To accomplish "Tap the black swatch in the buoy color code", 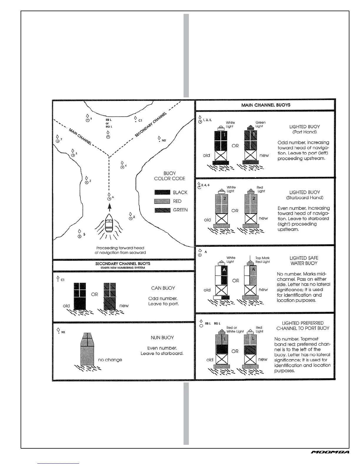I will [162, 192].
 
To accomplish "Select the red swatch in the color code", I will [162, 201].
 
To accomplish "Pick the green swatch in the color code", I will [162, 210].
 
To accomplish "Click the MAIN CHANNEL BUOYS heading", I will [266, 105].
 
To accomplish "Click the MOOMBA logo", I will [330, 460].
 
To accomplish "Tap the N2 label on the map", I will [164, 141].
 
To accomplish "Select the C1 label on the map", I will [140, 121].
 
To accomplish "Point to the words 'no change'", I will [110, 360].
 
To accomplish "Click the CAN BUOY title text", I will [163, 288].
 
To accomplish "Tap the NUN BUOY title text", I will [162, 338].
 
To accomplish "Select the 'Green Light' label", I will [260, 124].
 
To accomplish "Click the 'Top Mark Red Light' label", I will [262, 260].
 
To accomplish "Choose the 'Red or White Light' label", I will [235, 329].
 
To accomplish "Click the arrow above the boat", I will [110, 207].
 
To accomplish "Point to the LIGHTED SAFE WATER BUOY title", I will [304, 261].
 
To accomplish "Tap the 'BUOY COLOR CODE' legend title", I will [169, 176].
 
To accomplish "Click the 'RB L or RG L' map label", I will [109, 123].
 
